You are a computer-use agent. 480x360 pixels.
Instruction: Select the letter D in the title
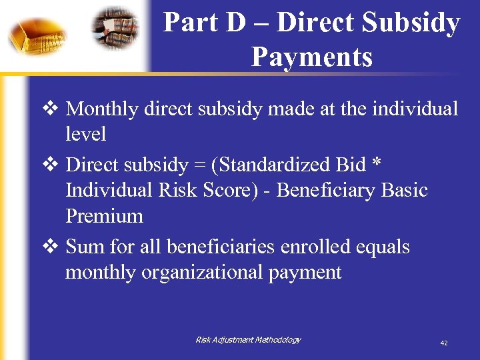[236, 23]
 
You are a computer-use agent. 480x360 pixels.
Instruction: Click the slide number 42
[444, 343]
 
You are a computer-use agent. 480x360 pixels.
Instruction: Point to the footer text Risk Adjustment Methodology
[248, 340]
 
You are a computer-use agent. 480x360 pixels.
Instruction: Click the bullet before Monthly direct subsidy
[55, 108]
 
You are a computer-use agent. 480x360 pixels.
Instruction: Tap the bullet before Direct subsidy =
[55, 164]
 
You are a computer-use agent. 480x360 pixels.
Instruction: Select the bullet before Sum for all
[55, 247]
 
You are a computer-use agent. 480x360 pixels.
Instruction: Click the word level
[85, 134]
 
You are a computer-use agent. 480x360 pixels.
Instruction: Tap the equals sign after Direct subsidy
[205, 165]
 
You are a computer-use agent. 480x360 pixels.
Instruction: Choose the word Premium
[104, 216]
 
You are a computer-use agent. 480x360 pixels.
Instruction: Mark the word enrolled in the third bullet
[316, 247]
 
